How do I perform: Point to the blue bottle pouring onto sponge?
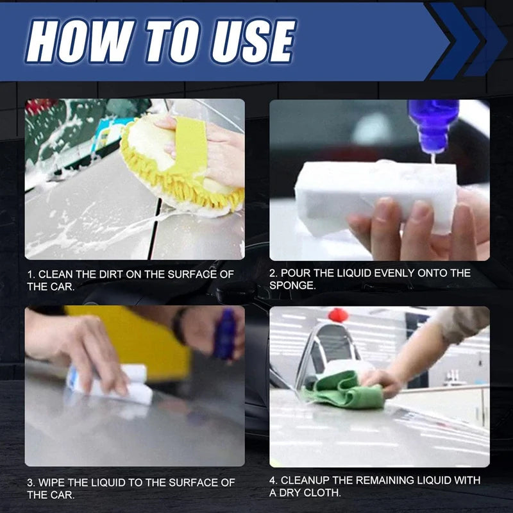(433, 125)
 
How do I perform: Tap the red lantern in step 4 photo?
(338, 314)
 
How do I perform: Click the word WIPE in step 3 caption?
(55, 482)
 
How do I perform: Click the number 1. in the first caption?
(31, 274)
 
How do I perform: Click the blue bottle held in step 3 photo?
(225, 333)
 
